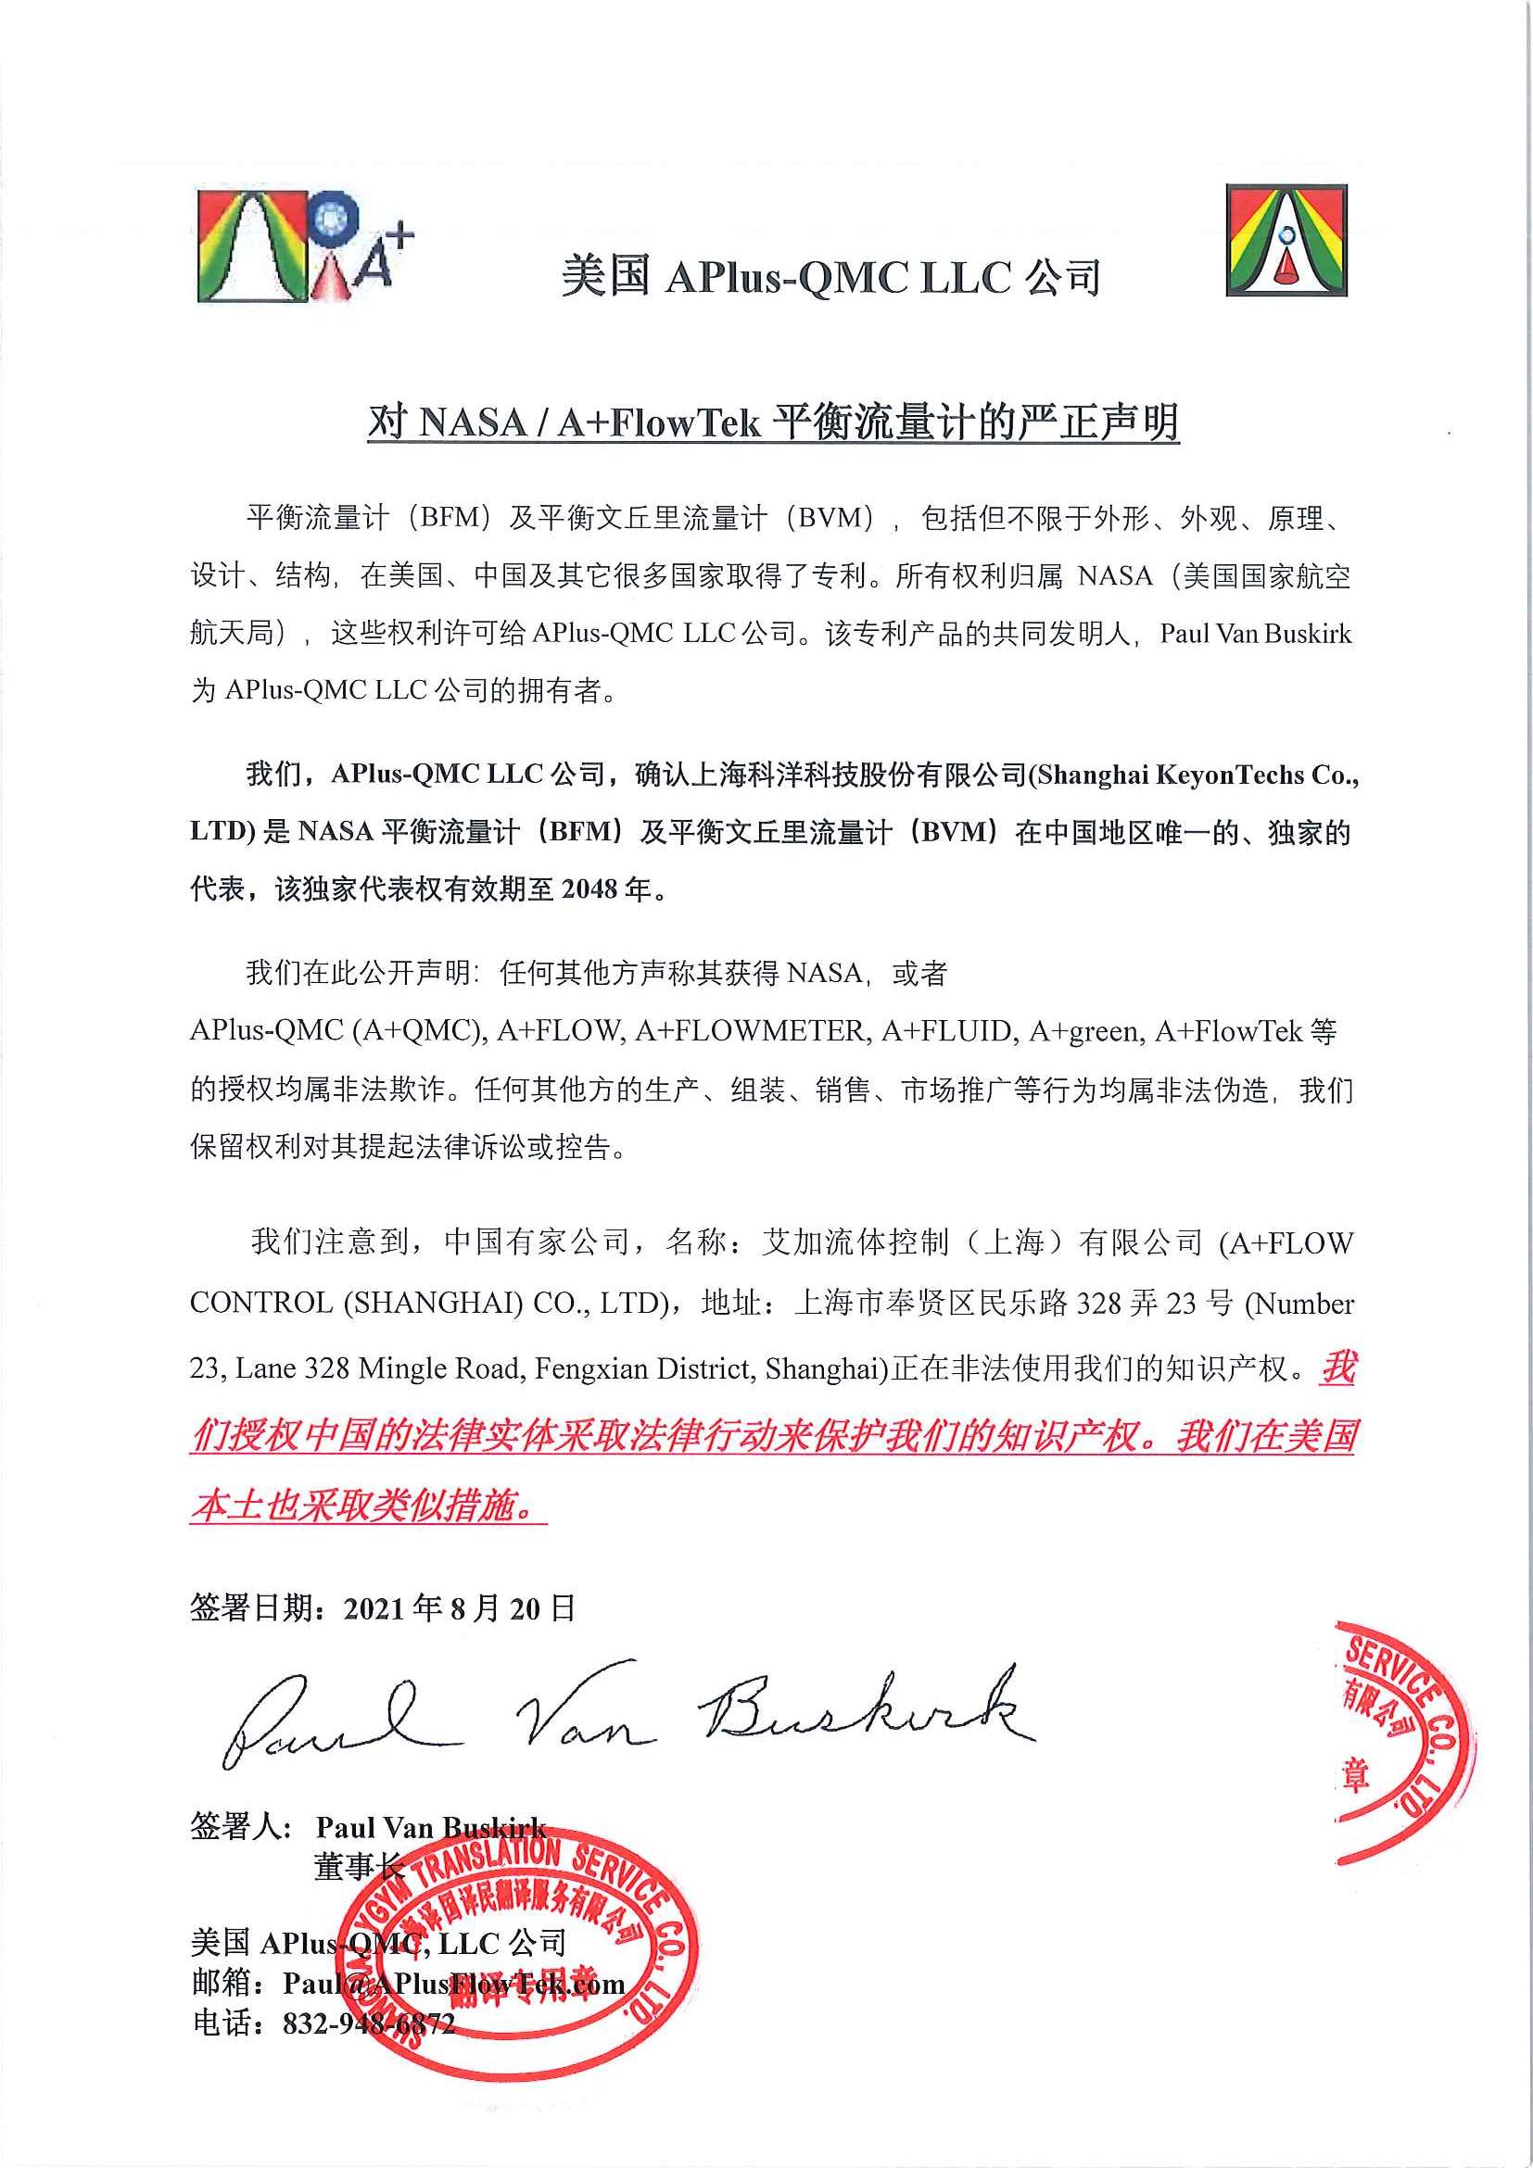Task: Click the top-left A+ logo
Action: tap(304, 246)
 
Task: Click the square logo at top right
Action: tap(1286, 241)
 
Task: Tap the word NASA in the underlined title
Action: tap(472, 422)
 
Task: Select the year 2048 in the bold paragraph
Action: tap(590, 889)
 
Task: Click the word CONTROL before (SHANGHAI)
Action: tap(260, 1303)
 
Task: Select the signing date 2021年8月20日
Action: tap(459, 1608)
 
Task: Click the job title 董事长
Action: tap(358, 1867)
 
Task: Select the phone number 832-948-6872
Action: tap(368, 2023)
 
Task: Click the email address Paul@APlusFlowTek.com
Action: tap(453, 1983)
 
